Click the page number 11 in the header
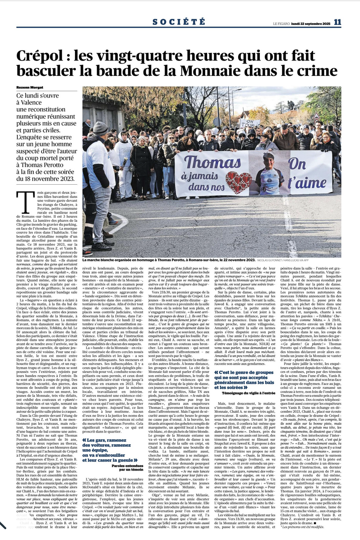click(338, 22)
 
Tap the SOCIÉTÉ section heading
click(179, 22)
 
